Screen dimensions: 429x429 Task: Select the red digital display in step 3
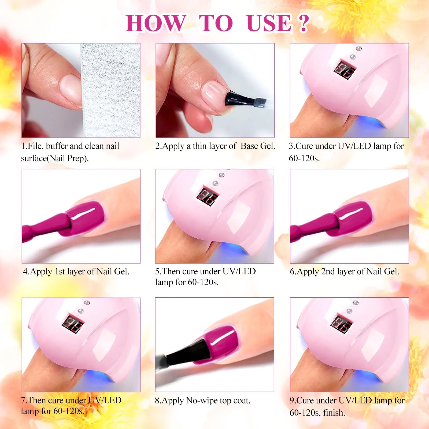tap(345, 70)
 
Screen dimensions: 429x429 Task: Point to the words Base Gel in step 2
tap(258, 146)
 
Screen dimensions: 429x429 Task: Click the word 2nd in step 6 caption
tap(328, 272)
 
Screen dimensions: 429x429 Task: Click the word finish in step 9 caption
tap(334, 412)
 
